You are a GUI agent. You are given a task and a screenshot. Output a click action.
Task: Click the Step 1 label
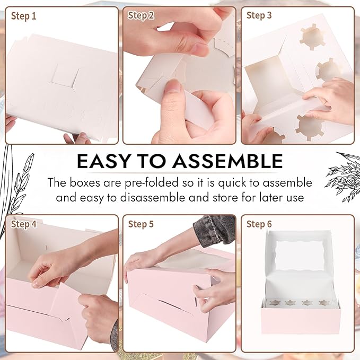[24, 16]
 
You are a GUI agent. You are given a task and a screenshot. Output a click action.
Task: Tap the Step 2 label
[141, 16]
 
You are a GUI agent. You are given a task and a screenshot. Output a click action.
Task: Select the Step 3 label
[259, 15]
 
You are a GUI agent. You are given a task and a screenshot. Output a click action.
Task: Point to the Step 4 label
[24, 224]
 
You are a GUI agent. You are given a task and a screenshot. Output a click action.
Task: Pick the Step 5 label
[141, 224]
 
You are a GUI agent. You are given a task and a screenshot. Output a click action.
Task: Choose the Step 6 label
[259, 224]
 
